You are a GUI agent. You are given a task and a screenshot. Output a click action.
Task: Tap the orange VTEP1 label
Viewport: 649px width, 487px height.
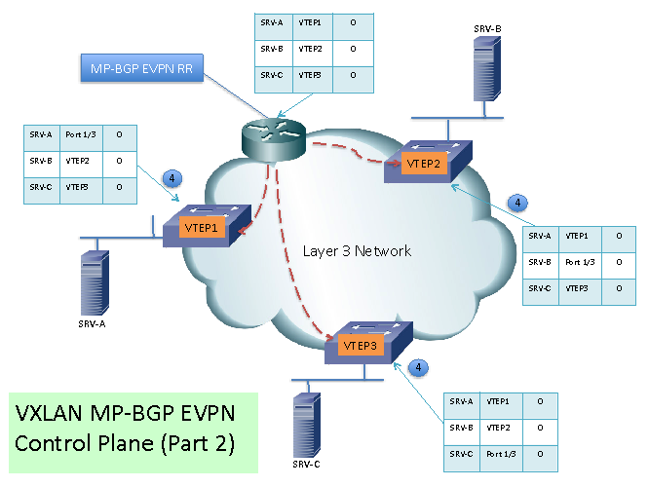203,227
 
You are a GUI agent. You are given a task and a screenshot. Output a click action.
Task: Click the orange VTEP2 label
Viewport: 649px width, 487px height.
425,164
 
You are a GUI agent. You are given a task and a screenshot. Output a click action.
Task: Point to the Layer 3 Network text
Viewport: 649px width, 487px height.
357,251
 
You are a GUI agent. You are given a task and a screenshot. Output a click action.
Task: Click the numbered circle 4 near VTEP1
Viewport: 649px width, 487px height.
172,178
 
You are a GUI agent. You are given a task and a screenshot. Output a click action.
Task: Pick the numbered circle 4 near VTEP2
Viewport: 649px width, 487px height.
519,204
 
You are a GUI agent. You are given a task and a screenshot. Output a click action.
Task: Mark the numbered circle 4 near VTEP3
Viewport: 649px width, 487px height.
417,367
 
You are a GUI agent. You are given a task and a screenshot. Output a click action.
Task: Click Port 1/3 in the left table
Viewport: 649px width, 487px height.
80,136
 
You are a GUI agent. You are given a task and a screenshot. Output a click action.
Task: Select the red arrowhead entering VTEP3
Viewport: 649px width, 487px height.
344,343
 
